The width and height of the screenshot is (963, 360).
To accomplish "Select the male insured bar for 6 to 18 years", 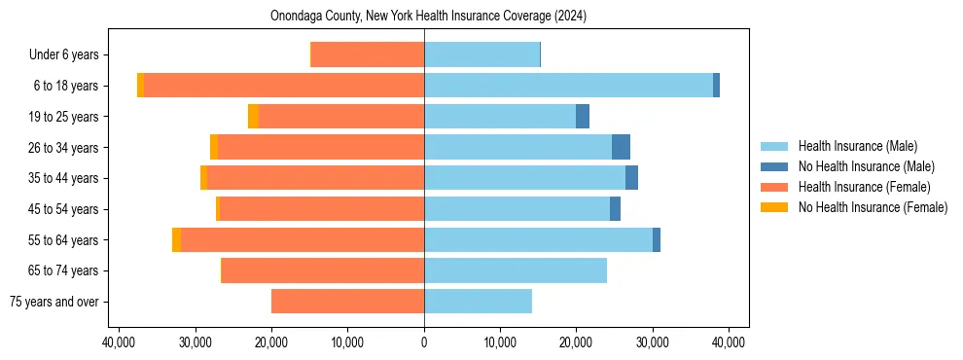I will (568, 86).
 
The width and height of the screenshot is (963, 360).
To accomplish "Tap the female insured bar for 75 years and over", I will (347, 302).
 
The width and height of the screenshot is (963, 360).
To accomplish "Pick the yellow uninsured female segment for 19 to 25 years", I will (253, 117).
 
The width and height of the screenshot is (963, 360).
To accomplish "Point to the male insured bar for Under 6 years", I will (481, 54).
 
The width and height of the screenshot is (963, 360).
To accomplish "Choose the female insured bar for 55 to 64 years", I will (302, 239).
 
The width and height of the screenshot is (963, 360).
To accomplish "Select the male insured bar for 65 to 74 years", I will (516, 270).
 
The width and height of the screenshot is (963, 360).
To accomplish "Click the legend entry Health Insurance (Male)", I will (856, 146).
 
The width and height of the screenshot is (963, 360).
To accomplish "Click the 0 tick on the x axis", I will (424, 342).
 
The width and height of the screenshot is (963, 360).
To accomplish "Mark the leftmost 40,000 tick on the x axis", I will (119, 342).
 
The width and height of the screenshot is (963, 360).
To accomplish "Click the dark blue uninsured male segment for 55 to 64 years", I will (657, 239).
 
